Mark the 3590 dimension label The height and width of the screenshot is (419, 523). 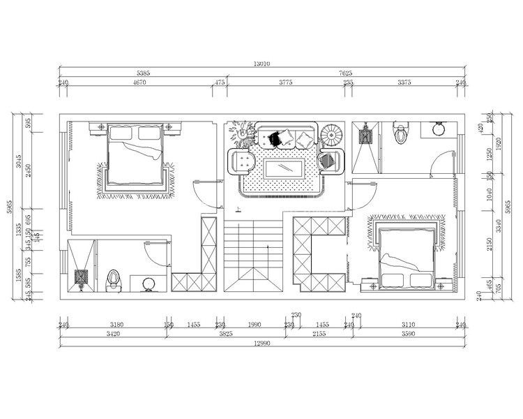(x=408, y=335)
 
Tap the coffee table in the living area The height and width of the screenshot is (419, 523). (x=282, y=168)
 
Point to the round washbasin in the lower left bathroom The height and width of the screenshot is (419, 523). (x=149, y=284)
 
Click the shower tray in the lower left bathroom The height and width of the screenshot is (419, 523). (x=81, y=278)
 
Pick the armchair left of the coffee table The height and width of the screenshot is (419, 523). (x=243, y=162)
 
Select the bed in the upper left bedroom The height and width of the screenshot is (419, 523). (x=136, y=157)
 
